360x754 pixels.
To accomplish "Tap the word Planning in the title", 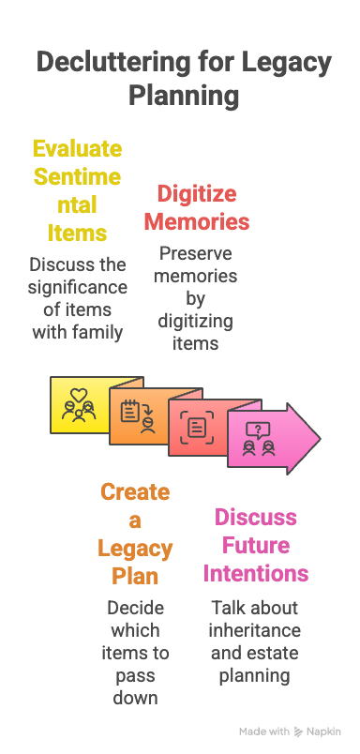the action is pos(183,96).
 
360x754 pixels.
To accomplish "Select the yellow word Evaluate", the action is pos(77,148).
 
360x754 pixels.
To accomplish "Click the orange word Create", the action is pos(135,492).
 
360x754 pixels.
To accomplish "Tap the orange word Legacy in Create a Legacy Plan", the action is pos(135,548).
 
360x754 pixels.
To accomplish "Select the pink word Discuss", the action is pos(255,518).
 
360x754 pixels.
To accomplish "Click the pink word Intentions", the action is pos(255,572).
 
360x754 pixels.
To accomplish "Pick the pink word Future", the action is pos(255,545).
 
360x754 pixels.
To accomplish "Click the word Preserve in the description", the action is pos(195,253).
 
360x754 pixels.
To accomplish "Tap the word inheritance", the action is pos(255,630).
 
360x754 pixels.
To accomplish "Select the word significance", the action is pos(77,285).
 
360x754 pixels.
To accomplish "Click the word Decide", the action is pos(134,608).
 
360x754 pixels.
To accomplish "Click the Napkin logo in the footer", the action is pos(319,731).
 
